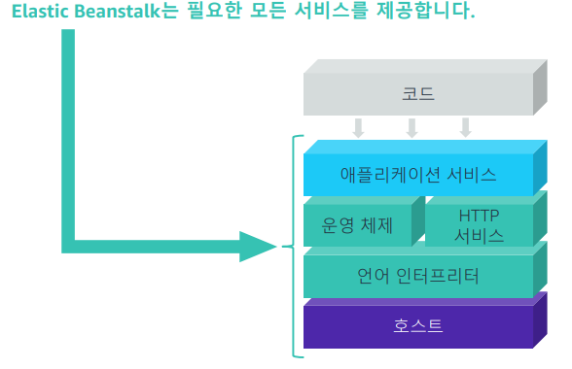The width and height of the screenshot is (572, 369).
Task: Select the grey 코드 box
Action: pyautogui.click(x=417, y=94)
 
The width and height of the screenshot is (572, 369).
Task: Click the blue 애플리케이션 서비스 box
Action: pyautogui.click(x=417, y=175)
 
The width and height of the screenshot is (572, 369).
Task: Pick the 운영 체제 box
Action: pyautogui.click(x=357, y=225)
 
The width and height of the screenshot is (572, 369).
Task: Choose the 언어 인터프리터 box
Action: pyautogui.click(x=417, y=276)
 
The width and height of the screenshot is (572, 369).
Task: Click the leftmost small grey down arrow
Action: pyautogui.click(x=359, y=127)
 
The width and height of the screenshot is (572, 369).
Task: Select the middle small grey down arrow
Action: pyautogui.click(x=411, y=127)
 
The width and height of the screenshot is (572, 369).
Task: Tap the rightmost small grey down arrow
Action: pyautogui.click(x=466, y=127)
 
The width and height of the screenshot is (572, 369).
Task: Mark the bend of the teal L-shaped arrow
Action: pyautogui.click(x=68, y=245)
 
